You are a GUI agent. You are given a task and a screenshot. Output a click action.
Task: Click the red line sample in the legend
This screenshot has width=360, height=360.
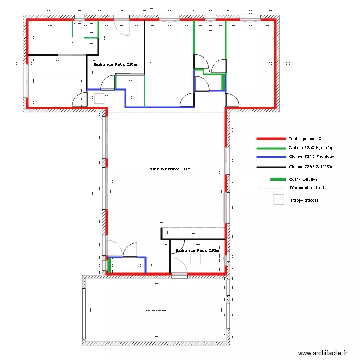click(x=271, y=138)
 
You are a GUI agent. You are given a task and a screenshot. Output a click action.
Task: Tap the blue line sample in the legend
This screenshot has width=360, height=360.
click(x=271, y=157)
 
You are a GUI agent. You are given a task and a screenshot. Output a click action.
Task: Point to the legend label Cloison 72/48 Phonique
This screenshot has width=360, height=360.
click(x=312, y=157)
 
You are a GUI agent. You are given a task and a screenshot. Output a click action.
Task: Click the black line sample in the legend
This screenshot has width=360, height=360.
click(x=271, y=167)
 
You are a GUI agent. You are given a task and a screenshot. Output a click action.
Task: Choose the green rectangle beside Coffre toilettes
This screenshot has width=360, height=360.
click(x=277, y=180)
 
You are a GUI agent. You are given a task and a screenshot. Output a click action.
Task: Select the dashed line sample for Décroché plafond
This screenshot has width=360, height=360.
click(x=271, y=188)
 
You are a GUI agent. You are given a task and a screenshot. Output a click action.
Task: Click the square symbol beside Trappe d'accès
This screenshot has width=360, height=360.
click(x=278, y=200)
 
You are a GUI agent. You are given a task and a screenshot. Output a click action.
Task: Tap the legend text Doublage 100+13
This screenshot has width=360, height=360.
click(x=305, y=138)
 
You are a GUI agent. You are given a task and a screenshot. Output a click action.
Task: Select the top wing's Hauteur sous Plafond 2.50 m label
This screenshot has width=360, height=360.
click(x=115, y=64)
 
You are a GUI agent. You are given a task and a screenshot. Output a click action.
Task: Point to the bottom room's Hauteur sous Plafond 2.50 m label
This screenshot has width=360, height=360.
click(x=197, y=251)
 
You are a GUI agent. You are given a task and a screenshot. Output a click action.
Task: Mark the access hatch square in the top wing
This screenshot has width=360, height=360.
click(x=99, y=98)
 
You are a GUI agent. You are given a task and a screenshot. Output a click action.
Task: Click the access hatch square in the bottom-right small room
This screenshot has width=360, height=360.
click(x=195, y=259)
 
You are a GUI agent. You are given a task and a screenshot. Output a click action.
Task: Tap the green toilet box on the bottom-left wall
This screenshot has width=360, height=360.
click(x=109, y=265)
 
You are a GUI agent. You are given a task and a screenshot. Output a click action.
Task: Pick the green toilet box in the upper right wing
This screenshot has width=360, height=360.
click(x=223, y=82)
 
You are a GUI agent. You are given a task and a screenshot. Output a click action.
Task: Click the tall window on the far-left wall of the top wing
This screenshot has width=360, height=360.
click(x=25, y=81)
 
